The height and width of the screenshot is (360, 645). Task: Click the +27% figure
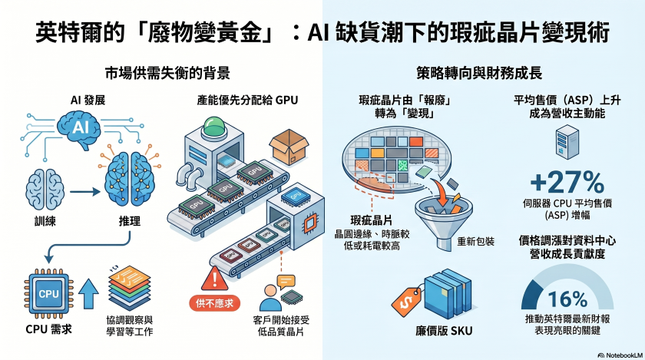click(x=567, y=182)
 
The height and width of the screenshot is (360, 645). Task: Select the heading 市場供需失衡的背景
click(x=167, y=74)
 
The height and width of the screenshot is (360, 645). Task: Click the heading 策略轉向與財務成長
click(x=480, y=74)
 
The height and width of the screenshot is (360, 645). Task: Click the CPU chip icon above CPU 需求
click(x=48, y=292)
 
